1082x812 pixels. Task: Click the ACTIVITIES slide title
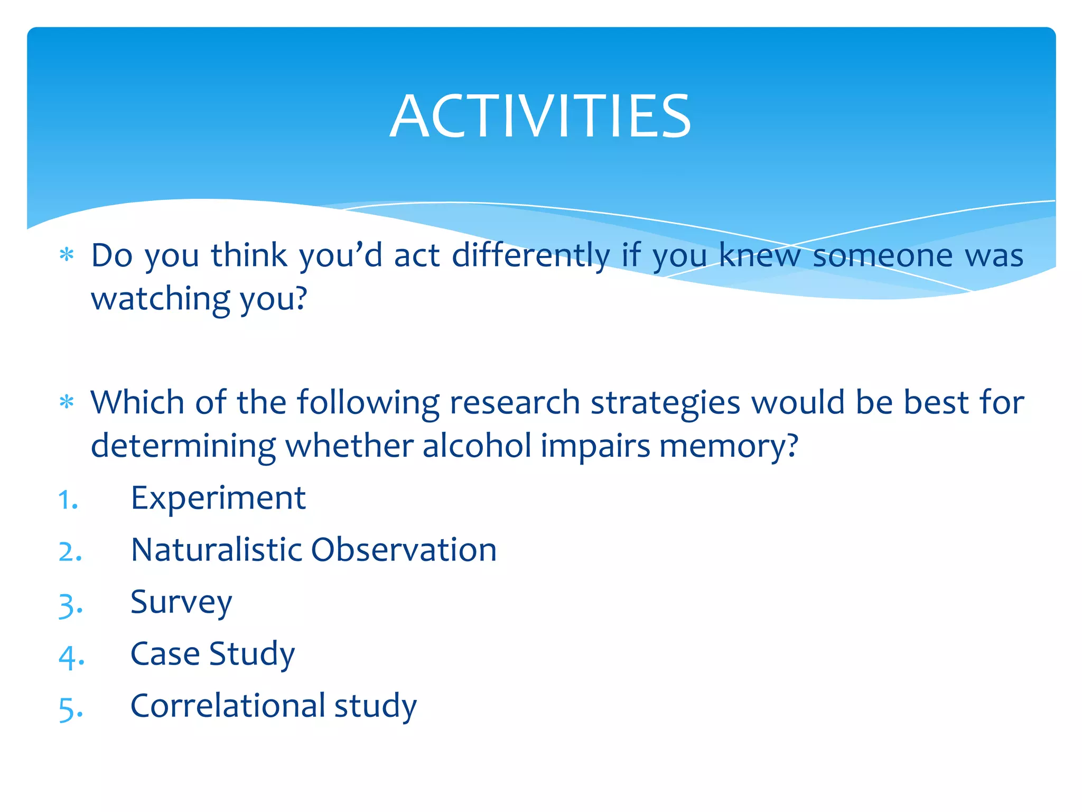(540, 116)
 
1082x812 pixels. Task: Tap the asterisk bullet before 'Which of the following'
(67, 403)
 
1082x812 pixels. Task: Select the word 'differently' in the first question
(530, 256)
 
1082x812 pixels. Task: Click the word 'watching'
(160, 299)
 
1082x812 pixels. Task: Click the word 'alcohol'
(477, 446)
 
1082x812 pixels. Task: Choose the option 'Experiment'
(218, 499)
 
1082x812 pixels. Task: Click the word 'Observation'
(404, 550)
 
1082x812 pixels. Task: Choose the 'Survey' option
(181, 603)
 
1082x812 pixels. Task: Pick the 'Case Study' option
(212, 654)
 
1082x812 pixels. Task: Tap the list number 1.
(68, 500)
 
